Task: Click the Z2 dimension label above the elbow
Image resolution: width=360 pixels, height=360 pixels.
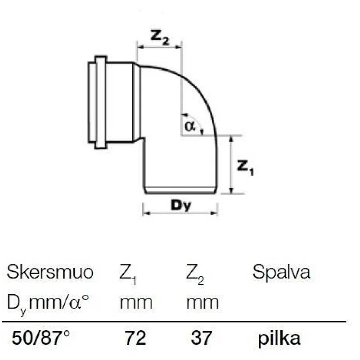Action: coord(160,36)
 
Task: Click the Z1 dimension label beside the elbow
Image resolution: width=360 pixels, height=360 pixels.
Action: coord(246,168)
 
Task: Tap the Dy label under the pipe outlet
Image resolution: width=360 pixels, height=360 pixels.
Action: coord(181,205)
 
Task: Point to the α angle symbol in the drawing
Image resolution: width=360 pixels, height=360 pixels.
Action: coord(189,126)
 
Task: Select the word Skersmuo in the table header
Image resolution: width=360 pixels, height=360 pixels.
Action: coord(50,272)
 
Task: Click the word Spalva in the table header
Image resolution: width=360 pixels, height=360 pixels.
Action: coord(282,273)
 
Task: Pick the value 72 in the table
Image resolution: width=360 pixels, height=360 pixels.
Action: coord(135,338)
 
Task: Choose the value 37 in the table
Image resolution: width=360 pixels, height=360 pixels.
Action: coord(202,338)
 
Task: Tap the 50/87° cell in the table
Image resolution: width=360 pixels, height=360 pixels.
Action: coord(40,338)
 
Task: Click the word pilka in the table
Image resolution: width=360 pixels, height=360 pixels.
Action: coord(279,338)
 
